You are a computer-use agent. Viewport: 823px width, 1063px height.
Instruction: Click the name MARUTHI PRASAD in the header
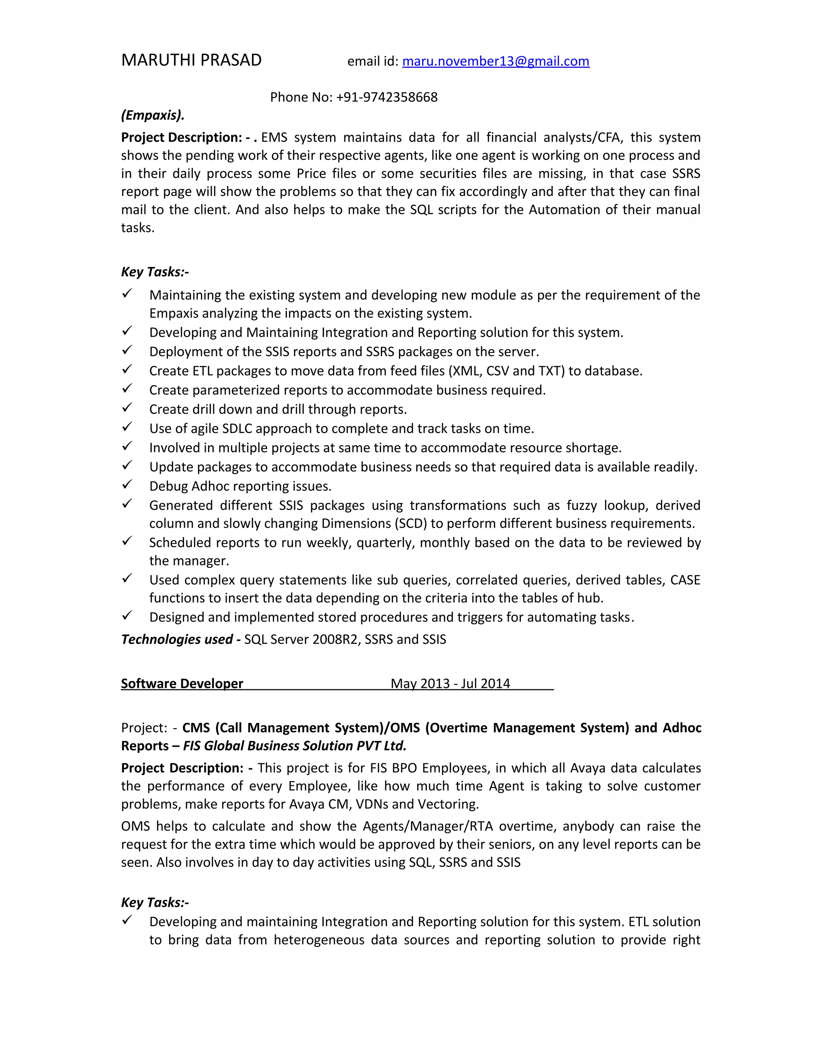click(191, 60)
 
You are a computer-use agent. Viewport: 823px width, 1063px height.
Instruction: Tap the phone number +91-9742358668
click(387, 97)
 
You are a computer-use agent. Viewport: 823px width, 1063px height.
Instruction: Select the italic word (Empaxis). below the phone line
click(152, 115)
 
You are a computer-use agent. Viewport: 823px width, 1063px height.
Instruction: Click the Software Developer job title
click(182, 684)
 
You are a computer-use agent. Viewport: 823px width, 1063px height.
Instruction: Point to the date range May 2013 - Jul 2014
click(450, 684)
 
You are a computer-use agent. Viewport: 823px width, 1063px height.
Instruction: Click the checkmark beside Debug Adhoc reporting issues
click(127, 484)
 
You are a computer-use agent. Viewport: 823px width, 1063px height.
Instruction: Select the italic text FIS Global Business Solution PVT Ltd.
click(295, 746)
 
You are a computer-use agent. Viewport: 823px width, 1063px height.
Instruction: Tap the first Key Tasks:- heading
click(155, 272)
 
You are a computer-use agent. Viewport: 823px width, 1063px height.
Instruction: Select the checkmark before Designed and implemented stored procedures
click(127, 616)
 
